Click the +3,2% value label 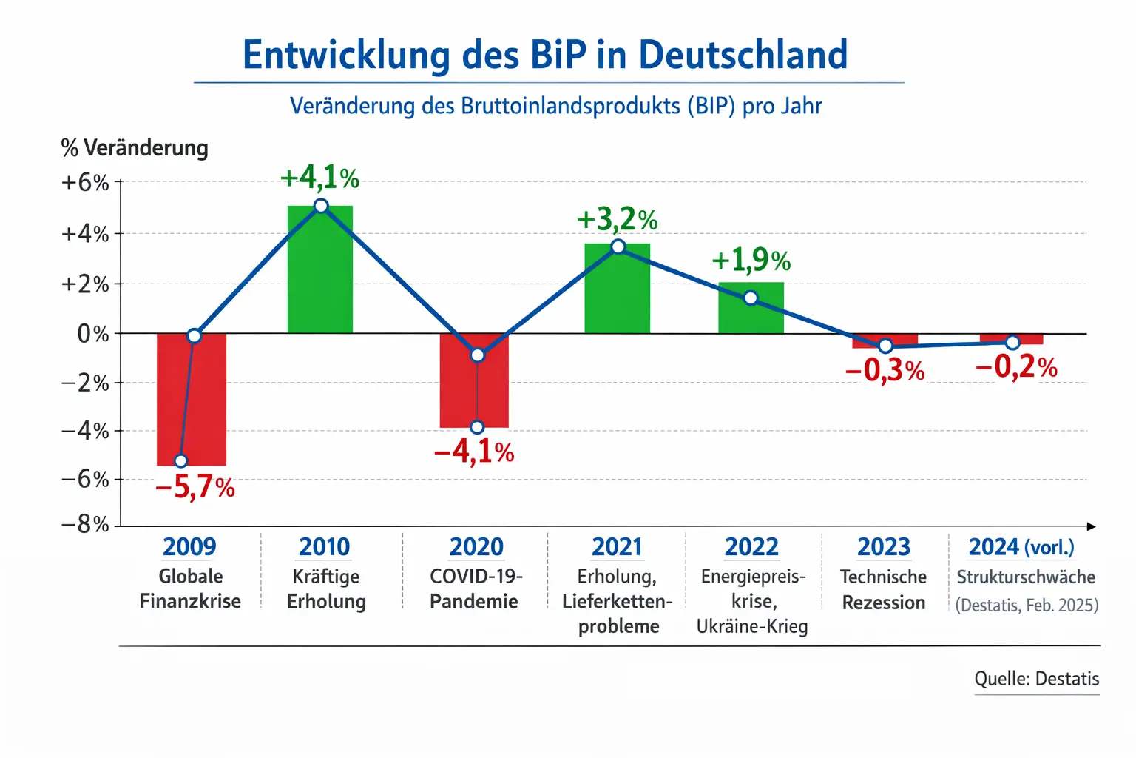(617, 220)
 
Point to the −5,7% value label (195, 487)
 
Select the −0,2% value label (1016, 367)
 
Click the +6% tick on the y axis (85, 183)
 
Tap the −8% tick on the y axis (85, 525)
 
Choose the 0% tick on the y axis (93, 334)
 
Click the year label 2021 (617, 547)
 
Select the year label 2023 (884, 547)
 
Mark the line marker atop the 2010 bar (321, 206)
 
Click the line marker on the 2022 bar (751, 298)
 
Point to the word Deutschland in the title (743, 55)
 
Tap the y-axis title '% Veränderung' (135, 148)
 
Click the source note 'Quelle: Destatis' (1037, 679)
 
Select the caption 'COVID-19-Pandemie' (475, 588)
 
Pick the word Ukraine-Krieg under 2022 (752, 627)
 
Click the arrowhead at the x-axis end (1092, 526)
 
